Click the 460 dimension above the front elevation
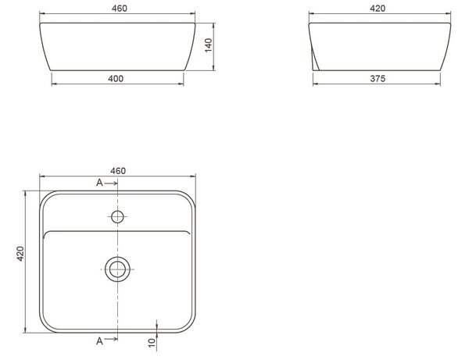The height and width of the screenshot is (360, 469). pyautogui.click(x=120, y=9)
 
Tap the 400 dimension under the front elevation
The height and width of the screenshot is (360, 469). pyautogui.click(x=116, y=79)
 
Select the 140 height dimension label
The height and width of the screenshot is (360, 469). pyautogui.click(x=209, y=45)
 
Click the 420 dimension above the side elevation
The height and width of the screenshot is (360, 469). pyautogui.click(x=378, y=9)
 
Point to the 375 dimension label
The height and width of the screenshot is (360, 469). pyautogui.click(x=378, y=79)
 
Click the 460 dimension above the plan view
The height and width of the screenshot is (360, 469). pyautogui.click(x=118, y=171)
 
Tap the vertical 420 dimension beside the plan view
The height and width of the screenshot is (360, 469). pyautogui.click(x=20, y=254)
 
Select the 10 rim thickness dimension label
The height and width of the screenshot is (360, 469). pyautogui.click(x=152, y=342)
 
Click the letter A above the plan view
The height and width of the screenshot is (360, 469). pyautogui.click(x=99, y=183)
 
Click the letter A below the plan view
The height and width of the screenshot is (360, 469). pyautogui.click(x=99, y=340)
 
